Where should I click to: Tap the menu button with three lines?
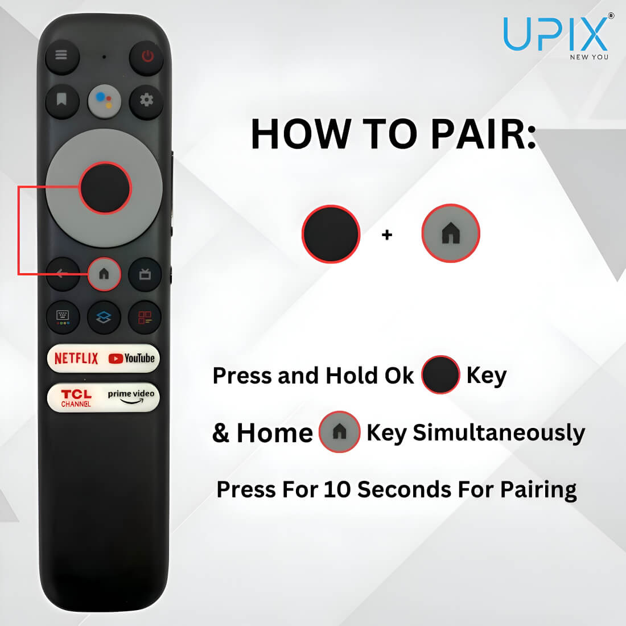pos(61,56)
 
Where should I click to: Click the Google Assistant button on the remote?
pos(104,101)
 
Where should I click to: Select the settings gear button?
pos(146,100)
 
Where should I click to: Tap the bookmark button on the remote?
pos(62,100)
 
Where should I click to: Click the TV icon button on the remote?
pos(145,275)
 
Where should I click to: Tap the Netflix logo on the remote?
pos(76,359)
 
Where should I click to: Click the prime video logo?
pos(131,397)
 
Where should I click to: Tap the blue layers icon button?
pos(104,318)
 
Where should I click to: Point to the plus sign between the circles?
pos(387,234)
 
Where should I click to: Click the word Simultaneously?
pos(499,433)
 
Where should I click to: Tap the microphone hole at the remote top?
pos(104,57)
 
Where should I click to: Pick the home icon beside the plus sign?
pos(451,233)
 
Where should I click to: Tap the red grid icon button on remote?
pos(145,318)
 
